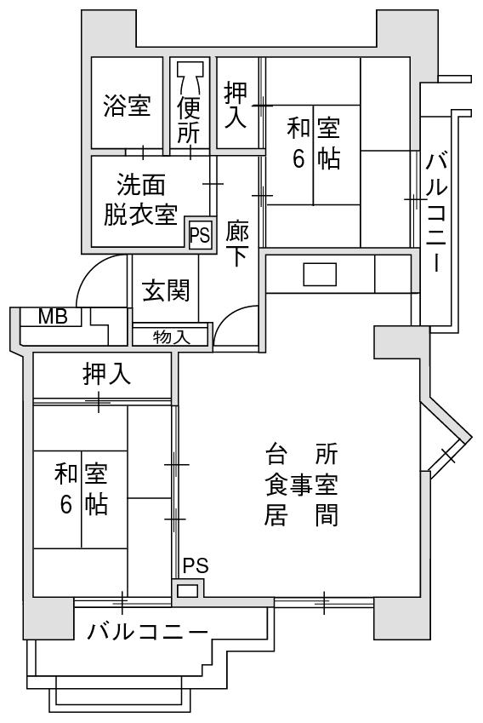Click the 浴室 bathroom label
[127, 105]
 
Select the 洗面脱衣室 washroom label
[140, 199]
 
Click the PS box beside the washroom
[201, 235]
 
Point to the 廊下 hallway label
[237, 244]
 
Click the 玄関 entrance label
[166, 290]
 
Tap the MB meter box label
[53, 317]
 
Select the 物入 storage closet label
[171, 337]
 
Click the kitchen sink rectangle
[320, 274]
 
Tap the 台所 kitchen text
[302, 454]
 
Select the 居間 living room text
[302, 514]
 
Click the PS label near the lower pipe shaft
[196, 565]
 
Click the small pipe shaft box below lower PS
[188, 591]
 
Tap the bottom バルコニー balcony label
[147, 631]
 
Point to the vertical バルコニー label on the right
[436, 213]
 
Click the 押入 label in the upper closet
[236, 105]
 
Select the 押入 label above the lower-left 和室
[107, 374]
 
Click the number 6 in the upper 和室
[298, 158]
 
